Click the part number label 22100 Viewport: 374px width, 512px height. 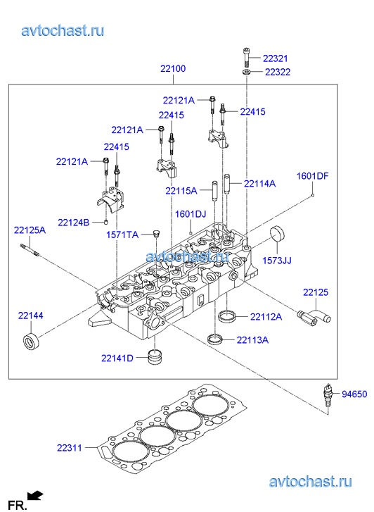click(173, 68)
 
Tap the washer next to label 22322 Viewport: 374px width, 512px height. click(247, 72)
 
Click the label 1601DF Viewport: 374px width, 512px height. click(312, 176)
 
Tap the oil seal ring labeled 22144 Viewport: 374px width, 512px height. click(32, 342)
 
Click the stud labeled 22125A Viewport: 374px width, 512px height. click(30, 250)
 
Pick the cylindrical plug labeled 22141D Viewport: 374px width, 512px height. click(155, 357)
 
